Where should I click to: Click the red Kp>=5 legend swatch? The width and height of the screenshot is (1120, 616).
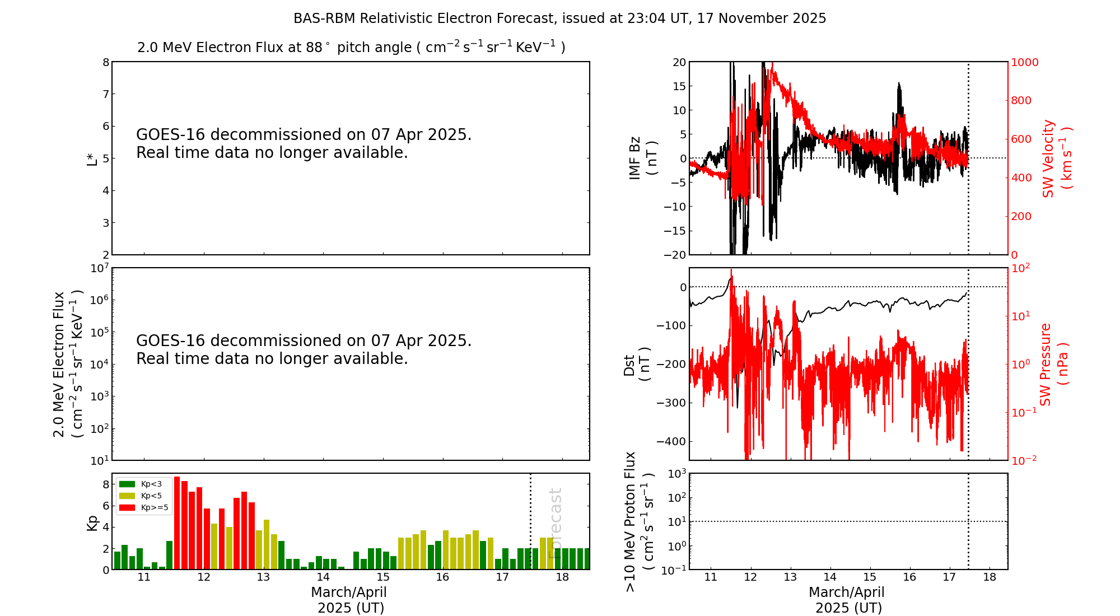127,508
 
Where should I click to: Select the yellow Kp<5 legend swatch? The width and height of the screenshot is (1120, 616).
127,496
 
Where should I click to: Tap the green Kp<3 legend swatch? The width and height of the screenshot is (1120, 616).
127,484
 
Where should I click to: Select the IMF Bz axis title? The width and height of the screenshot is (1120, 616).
642,158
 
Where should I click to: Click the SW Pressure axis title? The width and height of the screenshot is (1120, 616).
1053,365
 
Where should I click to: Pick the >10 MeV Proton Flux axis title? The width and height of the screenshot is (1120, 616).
639,522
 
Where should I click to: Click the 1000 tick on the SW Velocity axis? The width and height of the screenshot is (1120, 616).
1024,62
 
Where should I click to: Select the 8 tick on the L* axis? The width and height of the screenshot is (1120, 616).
106,62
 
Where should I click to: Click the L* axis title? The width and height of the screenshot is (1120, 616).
92,158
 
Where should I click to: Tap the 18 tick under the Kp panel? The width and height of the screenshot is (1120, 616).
562,577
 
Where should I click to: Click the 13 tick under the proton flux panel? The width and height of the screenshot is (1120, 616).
790,577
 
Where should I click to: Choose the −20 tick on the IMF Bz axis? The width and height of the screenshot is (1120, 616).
675,255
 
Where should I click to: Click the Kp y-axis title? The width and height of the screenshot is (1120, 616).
92,522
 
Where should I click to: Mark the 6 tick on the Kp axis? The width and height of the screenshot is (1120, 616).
106,506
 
